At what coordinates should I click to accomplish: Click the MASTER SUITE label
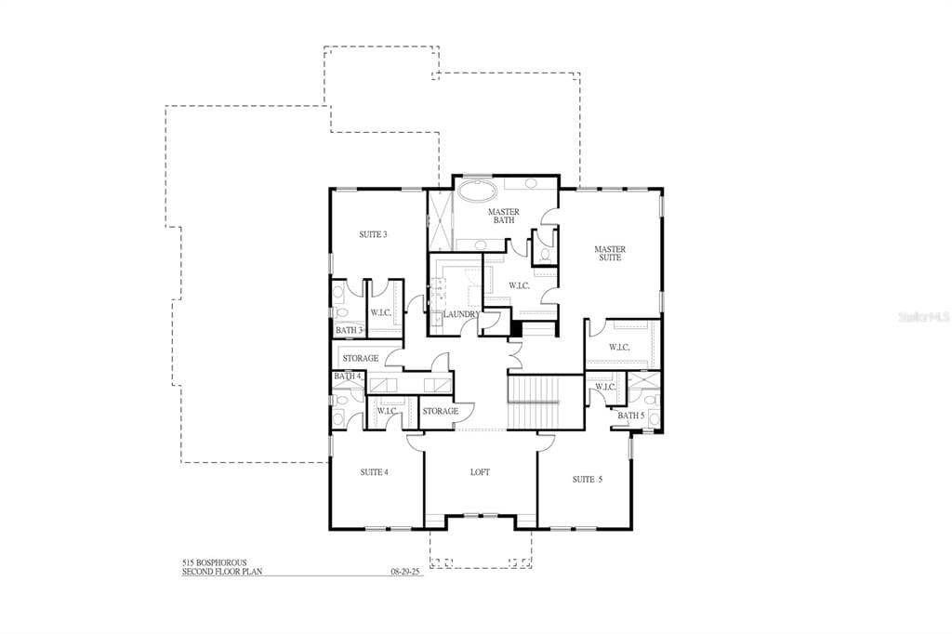(610, 253)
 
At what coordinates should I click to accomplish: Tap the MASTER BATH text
(504, 216)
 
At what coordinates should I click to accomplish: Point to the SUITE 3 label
(373, 235)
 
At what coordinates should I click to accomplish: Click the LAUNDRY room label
(461, 315)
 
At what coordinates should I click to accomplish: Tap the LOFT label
(480, 472)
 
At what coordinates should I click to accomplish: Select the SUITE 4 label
(374, 472)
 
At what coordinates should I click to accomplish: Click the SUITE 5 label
(587, 480)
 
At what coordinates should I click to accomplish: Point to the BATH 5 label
(631, 416)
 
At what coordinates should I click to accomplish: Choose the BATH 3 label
(348, 330)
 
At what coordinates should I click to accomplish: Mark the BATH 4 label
(348, 376)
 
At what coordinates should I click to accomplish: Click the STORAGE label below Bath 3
(361, 358)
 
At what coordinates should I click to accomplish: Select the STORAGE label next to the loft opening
(441, 411)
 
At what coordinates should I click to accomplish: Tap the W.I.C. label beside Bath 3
(381, 313)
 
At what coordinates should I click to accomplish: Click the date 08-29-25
(407, 573)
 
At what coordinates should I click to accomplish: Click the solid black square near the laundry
(517, 327)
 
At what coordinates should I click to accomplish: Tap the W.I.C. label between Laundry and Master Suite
(519, 285)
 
